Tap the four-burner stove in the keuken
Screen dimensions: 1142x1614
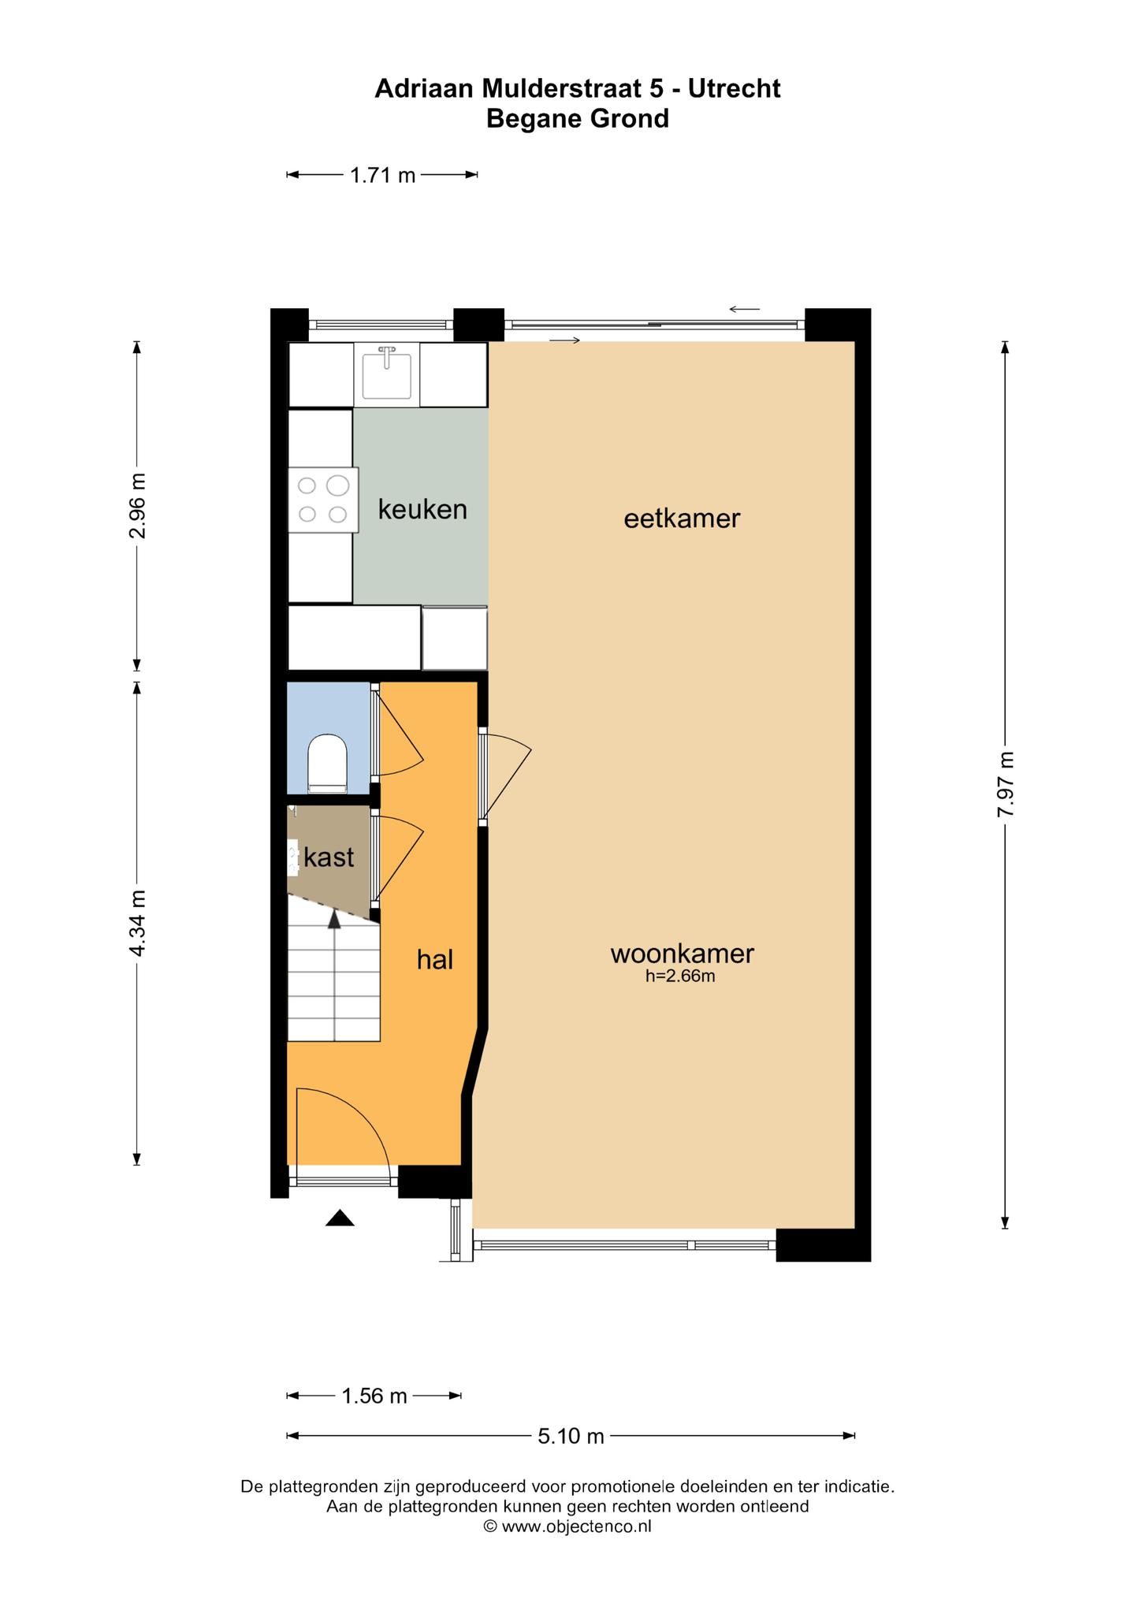pos(323,500)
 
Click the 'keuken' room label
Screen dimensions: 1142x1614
pos(422,509)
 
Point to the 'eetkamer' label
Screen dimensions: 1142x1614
pos(682,519)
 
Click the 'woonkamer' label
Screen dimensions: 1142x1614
pos(682,954)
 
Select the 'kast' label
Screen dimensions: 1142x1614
pos(329,857)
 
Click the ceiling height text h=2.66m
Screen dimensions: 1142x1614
pos(680,977)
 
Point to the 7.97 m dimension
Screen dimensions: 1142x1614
pos(1005,785)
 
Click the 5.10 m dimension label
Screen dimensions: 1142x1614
pos(571,1436)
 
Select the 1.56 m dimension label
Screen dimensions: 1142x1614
pos(374,1396)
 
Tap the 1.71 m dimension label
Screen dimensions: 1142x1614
pos(382,175)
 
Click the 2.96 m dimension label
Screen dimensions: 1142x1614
pos(137,505)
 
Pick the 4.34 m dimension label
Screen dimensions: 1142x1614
pos(137,924)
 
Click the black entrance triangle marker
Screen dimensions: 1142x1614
pos(340,1218)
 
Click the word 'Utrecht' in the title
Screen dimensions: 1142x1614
pos(734,88)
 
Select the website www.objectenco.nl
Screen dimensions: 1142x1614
pos(576,1526)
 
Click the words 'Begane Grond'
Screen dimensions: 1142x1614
pos(577,118)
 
